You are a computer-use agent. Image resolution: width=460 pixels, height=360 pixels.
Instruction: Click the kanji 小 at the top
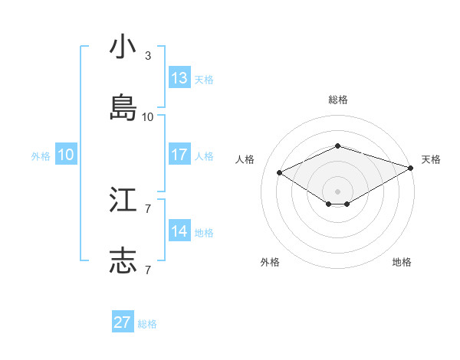pos(123,47)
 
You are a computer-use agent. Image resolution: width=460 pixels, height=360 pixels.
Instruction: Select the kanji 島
pos(123,108)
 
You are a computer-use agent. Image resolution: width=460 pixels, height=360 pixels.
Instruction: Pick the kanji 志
pos(123,260)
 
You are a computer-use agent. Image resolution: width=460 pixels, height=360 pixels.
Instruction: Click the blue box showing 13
pos(179,78)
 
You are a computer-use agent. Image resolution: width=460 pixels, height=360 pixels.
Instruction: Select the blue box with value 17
pos(179,155)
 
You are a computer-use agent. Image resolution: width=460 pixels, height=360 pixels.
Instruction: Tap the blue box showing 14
pos(179,231)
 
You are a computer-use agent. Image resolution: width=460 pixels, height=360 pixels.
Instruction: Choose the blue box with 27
pos(123,322)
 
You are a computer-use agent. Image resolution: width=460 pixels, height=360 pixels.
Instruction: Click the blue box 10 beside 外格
pos(66,155)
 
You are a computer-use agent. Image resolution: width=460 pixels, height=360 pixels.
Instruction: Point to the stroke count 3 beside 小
pos(148,56)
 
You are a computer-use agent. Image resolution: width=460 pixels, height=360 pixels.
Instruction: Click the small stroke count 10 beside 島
pos(148,117)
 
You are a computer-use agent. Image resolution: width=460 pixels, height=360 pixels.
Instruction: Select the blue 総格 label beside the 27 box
pos(147,324)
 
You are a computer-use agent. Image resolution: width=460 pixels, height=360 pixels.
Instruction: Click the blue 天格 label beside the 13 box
pos(204,80)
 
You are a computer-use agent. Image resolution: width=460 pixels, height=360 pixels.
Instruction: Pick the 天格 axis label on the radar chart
pos(431,159)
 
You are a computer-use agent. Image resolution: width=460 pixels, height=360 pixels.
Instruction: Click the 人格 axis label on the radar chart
pos(245,159)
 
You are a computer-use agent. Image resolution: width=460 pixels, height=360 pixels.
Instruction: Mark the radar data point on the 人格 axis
pos(280,172)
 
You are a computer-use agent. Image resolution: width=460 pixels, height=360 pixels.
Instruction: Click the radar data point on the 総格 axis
pos(337,146)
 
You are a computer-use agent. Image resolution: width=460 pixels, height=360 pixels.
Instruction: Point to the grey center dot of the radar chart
pos(337,191)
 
